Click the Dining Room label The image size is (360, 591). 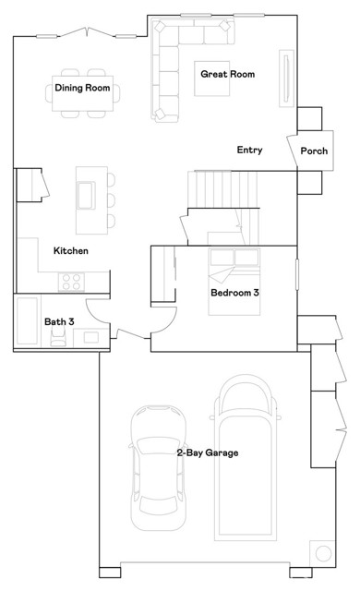82,89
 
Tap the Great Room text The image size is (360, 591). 227,74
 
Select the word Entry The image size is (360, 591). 249,150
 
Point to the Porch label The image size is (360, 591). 314,151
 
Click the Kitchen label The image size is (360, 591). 70,250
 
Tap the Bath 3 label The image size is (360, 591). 59,321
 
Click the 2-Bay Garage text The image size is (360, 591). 208,452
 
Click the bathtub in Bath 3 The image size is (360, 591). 27,320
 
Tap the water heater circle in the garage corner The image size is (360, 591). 321,552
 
